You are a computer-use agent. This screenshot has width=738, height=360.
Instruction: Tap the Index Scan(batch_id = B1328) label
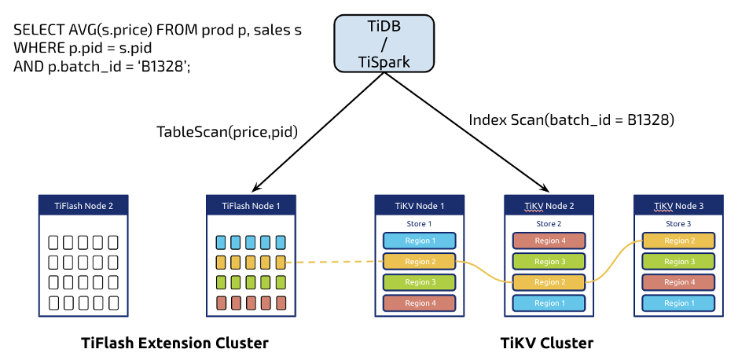pos(571,120)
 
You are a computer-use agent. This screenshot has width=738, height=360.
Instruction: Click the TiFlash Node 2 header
pos(83,206)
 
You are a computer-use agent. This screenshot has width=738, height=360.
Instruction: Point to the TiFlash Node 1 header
pos(251,206)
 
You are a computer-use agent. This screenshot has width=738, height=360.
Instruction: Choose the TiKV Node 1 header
pos(420,206)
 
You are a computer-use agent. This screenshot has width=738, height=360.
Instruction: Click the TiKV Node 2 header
pos(549,206)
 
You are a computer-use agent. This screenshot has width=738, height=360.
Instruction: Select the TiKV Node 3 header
pos(677,206)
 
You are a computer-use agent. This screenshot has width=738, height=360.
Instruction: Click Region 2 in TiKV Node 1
pos(420,262)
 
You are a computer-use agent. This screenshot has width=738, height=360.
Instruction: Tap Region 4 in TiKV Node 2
pos(549,241)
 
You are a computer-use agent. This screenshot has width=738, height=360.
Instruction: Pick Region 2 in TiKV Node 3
pos(677,241)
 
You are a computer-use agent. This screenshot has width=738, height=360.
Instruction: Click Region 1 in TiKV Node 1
pos(420,241)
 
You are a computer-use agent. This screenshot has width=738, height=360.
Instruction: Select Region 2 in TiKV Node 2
pos(549,282)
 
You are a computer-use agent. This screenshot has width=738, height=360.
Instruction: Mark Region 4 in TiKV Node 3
pos(677,282)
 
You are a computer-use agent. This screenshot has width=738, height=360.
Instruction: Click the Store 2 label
pos(549,224)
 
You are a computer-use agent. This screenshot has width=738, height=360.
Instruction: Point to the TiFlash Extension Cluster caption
pos(174,343)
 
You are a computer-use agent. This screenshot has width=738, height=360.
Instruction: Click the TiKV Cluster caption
pos(547,343)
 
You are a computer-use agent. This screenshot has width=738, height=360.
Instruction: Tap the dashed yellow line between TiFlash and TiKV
pos(334,262)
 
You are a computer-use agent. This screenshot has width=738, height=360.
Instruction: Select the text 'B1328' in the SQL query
pos(164,67)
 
